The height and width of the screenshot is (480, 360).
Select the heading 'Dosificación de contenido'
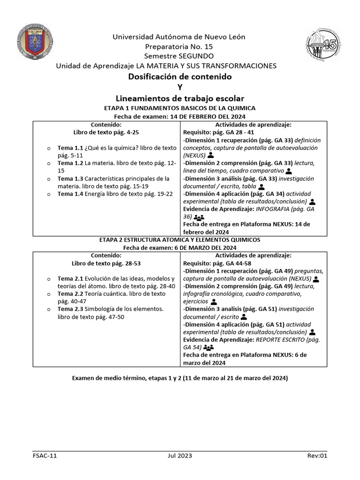click(180, 76)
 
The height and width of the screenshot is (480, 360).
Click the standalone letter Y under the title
click(180, 87)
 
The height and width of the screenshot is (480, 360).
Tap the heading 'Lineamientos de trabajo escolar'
click(180, 98)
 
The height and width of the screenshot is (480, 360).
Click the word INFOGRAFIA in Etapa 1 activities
click(269, 209)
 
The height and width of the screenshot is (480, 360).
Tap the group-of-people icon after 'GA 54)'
click(209, 348)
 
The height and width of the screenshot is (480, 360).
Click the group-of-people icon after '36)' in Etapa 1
click(199, 217)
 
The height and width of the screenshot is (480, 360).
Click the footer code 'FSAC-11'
click(45, 456)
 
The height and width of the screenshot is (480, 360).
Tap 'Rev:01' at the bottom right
click(316, 456)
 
